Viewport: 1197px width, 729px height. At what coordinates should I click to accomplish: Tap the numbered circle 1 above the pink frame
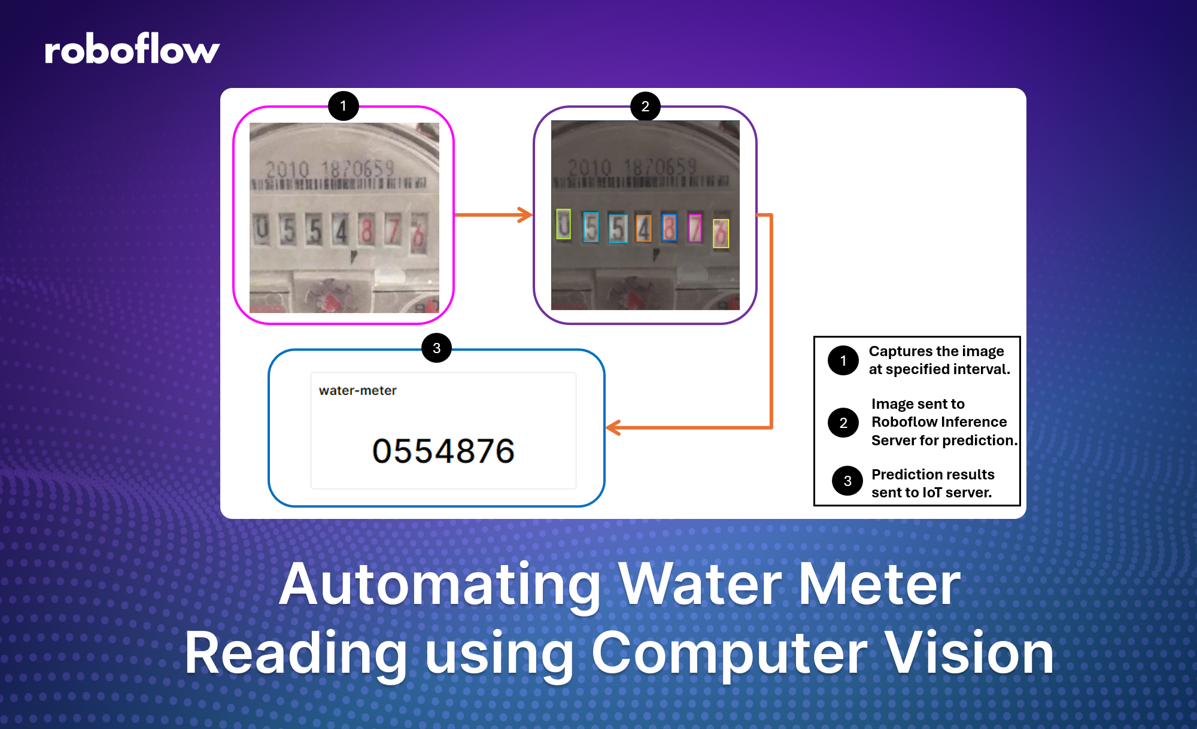point(343,106)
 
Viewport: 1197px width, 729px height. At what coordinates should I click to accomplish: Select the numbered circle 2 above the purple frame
point(645,107)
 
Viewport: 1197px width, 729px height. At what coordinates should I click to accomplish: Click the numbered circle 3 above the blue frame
point(436,348)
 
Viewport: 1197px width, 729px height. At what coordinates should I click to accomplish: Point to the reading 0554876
point(443,451)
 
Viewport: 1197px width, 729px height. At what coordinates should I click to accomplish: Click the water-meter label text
point(357,390)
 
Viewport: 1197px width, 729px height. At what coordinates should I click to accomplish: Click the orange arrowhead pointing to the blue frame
point(613,427)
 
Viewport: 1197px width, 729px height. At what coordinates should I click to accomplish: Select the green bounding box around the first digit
point(563,224)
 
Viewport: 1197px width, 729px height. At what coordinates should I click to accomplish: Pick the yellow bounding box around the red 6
point(721,233)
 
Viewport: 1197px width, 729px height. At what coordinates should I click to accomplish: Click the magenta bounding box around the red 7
point(695,227)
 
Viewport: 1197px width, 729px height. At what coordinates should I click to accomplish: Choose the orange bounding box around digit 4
point(643,228)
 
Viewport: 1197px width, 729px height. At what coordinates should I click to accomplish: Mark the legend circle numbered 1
point(843,360)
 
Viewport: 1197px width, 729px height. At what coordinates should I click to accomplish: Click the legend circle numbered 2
point(843,423)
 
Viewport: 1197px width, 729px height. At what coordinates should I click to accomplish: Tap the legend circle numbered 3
point(847,481)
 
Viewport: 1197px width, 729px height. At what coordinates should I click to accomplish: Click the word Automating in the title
point(440,585)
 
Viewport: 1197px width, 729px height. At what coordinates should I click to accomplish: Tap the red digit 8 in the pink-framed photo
point(367,230)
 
